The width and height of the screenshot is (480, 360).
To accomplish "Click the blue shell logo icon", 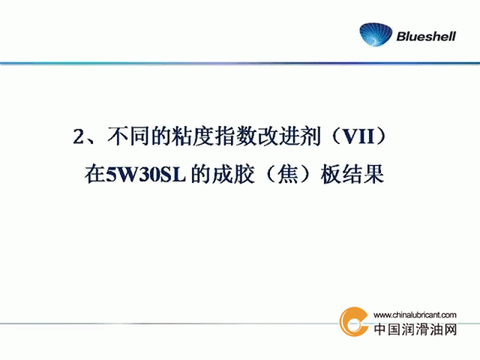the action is [376, 35].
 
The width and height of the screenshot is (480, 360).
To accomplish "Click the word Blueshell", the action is [426, 36].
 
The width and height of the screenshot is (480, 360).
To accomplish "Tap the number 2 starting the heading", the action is [79, 136].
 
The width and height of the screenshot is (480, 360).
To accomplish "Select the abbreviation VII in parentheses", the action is [358, 136].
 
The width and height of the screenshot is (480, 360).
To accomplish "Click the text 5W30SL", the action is [146, 175].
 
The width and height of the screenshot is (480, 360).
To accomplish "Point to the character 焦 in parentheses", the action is [288, 174].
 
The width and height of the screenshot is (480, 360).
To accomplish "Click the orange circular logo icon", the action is [354, 321].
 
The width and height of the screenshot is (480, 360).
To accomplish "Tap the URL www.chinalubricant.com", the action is [415, 315].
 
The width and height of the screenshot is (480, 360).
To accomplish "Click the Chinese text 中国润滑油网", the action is [416, 330].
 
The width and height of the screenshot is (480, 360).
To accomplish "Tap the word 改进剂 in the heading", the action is [288, 136].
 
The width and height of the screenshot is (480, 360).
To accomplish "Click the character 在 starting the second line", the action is [95, 174].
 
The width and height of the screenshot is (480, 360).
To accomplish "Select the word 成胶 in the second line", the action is [234, 174].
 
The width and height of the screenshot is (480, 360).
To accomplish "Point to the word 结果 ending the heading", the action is [363, 174].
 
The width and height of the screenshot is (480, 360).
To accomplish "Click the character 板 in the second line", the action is [331, 174].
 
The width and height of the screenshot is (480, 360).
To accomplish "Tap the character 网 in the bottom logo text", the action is [450, 330].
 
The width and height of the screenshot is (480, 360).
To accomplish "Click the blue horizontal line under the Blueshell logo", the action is [240, 64].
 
